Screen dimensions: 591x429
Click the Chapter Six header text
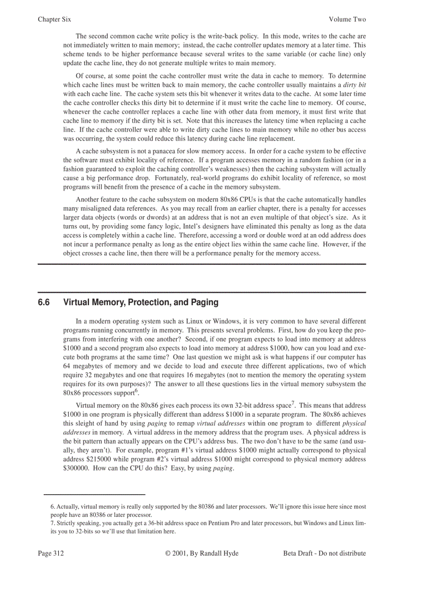[x=54, y=19]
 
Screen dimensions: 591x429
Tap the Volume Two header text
[x=347, y=19]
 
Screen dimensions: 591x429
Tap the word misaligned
[x=93, y=208]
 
